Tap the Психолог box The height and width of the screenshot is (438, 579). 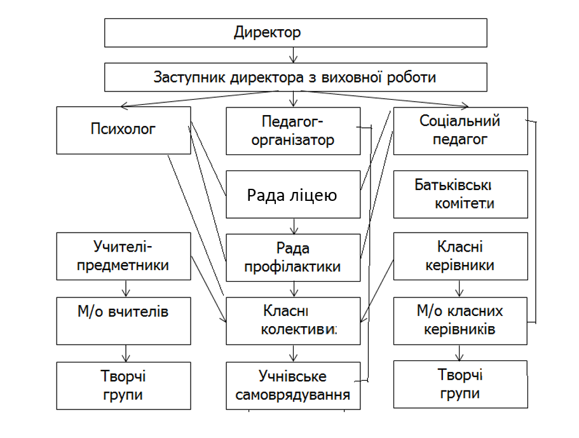point(123,130)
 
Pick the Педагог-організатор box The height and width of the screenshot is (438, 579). point(292,131)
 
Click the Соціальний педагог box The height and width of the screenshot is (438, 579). point(460,130)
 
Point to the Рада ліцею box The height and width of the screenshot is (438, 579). point(292,195)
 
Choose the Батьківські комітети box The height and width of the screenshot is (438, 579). point(460,194)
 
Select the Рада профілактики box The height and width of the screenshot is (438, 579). point(292,257)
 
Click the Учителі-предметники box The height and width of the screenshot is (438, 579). point(123,256)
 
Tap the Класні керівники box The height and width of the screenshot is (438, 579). point(460,256)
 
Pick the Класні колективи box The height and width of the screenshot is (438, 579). point(292,321)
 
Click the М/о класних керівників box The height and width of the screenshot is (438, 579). point(460,320)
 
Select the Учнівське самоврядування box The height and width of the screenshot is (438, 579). point(292,385)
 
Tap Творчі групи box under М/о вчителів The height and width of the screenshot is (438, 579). point(123,385)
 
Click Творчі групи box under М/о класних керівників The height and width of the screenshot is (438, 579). point(460,384)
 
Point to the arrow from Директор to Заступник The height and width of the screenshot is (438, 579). point(293,55)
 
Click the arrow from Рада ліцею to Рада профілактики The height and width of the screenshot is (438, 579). point(293,226)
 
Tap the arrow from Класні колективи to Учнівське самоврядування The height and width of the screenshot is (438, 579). point(293,353)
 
